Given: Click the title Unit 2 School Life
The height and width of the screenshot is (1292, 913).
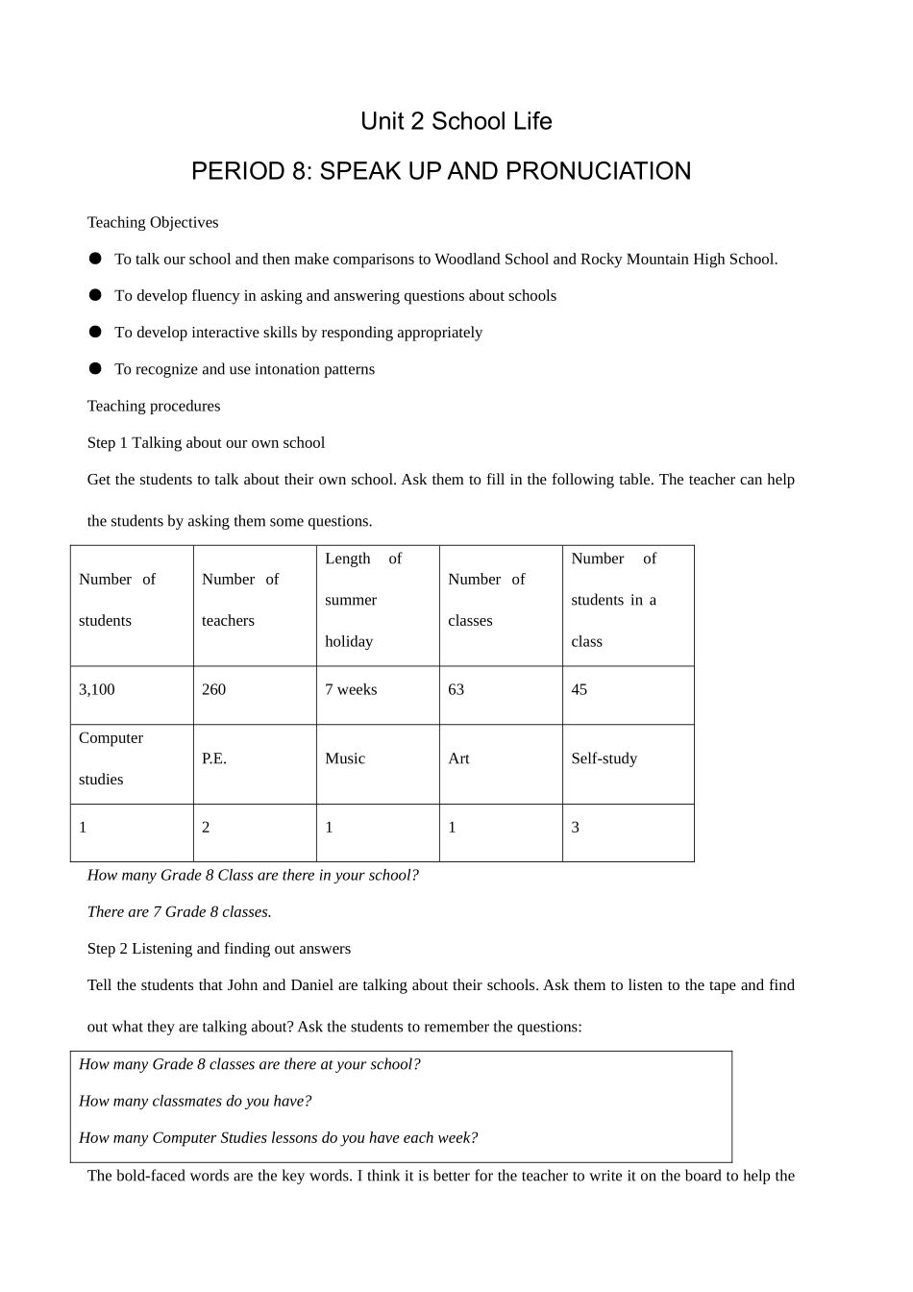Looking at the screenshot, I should (x=456, y=121).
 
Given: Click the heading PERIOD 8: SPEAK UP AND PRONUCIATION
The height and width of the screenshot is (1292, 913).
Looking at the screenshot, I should (x=441, y=171).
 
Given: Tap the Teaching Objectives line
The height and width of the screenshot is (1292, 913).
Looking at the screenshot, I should (x=153, y=222).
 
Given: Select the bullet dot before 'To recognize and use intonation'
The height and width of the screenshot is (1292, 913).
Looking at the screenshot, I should (x=95, y=368).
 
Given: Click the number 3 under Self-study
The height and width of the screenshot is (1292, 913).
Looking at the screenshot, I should (x=576, y=827).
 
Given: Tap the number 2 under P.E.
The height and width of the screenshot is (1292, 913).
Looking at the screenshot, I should (x=206, y=827).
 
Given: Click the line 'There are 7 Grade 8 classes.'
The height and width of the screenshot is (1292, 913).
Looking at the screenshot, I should (x=180, y=911).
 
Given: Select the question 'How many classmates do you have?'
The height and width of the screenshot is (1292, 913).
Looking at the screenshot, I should (x=195, y=1101).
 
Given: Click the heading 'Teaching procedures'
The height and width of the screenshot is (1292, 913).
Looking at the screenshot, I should (x=154, y=406).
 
